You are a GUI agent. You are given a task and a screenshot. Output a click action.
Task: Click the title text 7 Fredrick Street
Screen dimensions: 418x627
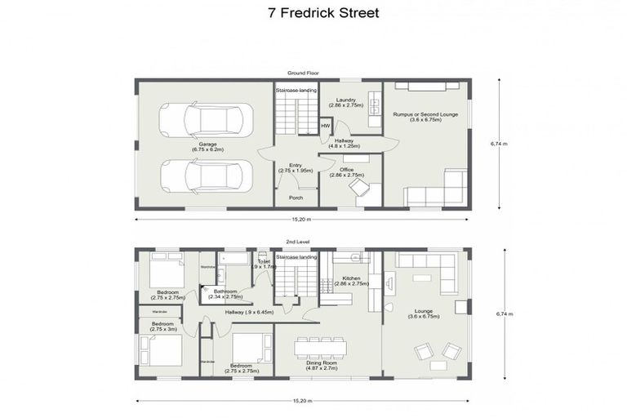coord(313,13)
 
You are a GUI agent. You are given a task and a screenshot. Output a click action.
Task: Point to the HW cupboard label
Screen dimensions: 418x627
coord(325,125)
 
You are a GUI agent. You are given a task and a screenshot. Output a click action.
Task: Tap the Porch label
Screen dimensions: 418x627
coord(296,198)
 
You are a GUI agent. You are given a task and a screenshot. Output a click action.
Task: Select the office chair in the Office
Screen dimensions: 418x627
coord(358,189)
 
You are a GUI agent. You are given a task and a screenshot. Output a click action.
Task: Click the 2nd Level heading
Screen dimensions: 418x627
coord(296,242)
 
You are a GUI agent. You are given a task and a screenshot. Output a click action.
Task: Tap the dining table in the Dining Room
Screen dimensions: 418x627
coord(320,347)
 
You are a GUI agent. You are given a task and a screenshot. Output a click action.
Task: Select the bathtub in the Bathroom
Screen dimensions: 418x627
coord(237,260)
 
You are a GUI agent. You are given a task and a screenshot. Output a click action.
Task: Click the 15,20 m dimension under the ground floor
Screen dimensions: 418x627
coord(303,220)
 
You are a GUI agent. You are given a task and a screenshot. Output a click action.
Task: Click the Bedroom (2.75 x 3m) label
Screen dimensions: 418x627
coord(162,327)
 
